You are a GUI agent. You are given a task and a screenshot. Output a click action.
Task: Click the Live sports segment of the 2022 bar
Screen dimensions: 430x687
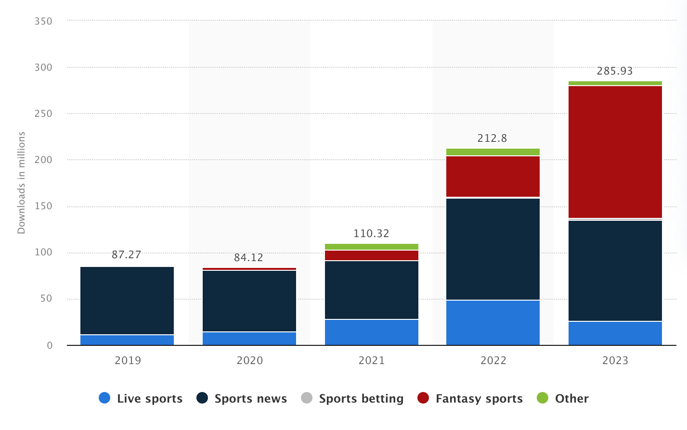click(x=493, y=322)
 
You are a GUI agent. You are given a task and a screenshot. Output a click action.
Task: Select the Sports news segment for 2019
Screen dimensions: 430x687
click(x=127, y=300)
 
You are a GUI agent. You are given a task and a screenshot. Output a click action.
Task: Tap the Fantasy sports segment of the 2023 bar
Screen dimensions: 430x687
click(x=615, y=152)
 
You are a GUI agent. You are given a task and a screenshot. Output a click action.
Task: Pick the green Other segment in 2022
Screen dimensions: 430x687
click(x=493, y=152)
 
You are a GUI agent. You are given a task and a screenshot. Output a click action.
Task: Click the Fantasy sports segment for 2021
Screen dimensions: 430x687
click(x=372, y=255)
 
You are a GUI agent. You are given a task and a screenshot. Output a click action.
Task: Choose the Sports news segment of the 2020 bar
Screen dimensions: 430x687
click(x=249, y=301)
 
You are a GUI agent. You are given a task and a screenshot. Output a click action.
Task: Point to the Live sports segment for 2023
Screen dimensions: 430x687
click(x=615, y=333)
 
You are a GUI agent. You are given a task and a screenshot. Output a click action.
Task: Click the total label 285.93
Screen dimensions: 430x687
click(x=615, y=71)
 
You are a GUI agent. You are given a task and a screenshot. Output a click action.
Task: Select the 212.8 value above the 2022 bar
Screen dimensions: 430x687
click(x=492, y=139)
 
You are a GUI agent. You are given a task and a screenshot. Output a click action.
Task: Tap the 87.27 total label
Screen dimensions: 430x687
click(x=127, y=254)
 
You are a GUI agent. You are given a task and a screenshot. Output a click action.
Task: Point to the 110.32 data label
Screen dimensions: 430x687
click(x=371, y=234)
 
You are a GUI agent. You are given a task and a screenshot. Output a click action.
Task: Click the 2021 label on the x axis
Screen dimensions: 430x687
click(x=372, y=360)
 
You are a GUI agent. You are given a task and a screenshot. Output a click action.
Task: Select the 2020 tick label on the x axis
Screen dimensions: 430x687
click(x=250, y=360)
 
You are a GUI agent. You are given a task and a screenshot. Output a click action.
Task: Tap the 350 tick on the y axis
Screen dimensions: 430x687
click(x=43, y=21)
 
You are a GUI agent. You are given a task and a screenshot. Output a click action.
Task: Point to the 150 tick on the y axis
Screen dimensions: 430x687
click(x=43, y=206)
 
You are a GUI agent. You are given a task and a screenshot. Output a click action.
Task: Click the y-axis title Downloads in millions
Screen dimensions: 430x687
click(x=21, y=183)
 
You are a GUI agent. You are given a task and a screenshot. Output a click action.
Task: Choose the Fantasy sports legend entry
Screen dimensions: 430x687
click(x=479, y=399)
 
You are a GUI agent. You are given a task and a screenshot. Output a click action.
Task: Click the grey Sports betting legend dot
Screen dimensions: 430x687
click(x=307, y=398)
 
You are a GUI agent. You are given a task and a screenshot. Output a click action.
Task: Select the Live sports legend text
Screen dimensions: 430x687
click(x=150, y=399)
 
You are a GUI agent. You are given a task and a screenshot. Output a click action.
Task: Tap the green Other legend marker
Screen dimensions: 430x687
click(x=543, y=398)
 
